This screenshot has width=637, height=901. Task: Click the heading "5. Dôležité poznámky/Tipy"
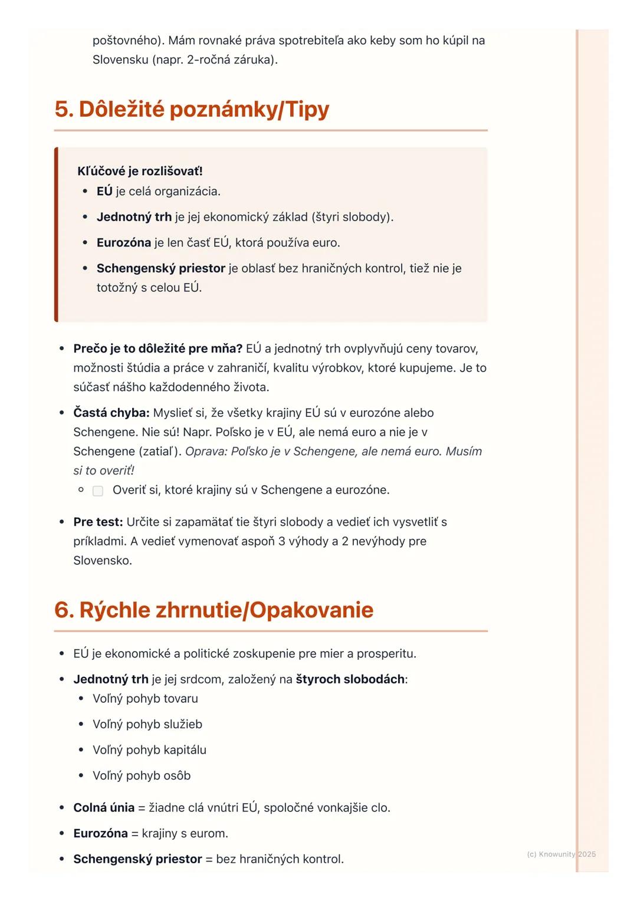[x=192, y=110]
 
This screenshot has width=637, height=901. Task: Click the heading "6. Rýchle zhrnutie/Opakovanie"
[x=214, y=610]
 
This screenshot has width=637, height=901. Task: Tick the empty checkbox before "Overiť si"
[x=98, y=491]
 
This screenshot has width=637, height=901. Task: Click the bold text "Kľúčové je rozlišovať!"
[x=140, y=171]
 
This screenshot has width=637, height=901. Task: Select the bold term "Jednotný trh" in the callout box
[x=134, y=217]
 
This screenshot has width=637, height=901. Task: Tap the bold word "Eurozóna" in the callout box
[x=124, y=243]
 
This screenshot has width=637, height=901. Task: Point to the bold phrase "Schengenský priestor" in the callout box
[x=160, y=268]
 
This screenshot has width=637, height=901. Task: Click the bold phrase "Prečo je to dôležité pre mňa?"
[x=157, y=348]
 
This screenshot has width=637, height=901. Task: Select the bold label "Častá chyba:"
[x=111, y=413]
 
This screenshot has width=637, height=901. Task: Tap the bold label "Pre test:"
[x=98, y=522]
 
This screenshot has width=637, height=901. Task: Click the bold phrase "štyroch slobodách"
[x=350, y=679]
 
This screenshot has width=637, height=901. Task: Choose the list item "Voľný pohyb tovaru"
[x=145, y=699]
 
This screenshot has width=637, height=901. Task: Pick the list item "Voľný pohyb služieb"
[x=147, y=724]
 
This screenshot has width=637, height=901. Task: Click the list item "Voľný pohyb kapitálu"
[x=149, y=750]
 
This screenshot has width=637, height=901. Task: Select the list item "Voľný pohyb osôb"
[x=142, y=775]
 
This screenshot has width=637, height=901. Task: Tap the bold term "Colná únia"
[x=104, y=808]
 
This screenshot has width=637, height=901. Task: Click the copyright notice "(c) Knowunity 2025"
[x=561, y=854]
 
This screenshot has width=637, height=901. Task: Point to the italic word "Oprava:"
[x=206, y=452]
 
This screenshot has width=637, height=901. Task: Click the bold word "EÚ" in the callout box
[x=104, y=192]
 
